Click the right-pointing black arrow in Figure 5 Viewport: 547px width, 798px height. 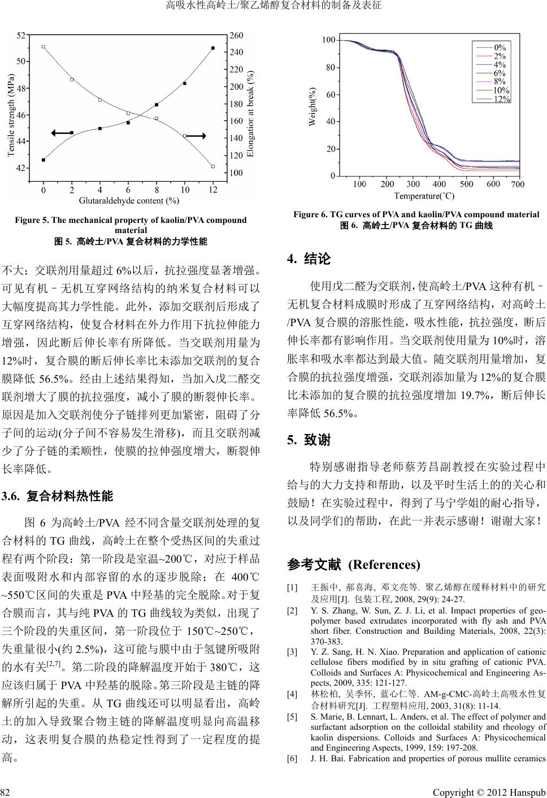(195, 135)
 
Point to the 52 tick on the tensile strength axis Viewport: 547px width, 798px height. (21, 35)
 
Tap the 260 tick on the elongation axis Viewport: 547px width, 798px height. (236, 35)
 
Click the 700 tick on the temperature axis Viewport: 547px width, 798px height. (518, 185)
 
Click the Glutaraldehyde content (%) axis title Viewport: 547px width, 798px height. (129, 200)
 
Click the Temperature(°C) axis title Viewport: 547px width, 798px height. (424, 196)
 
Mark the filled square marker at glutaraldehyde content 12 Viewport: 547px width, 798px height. (212, 48)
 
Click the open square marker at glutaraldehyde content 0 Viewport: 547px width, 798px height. (44, 47)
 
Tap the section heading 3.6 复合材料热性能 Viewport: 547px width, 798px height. (58, 497)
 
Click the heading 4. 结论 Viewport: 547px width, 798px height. (309, 260)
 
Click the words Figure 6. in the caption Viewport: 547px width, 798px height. (307, 214)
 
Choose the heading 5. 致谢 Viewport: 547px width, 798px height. (309, 440)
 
